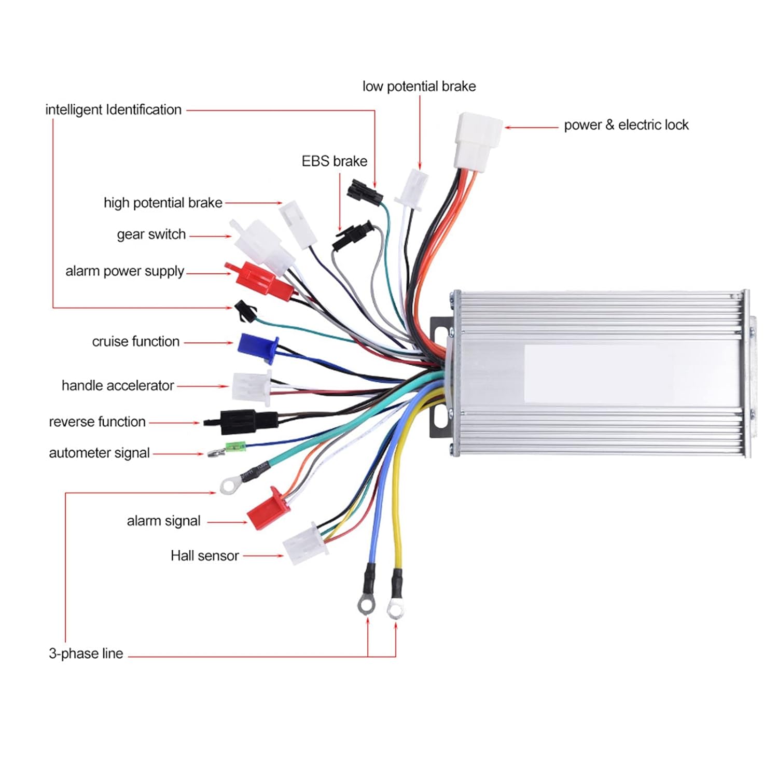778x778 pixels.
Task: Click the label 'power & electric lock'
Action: tap(626, 125)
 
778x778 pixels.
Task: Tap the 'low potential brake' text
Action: tap(419, 86)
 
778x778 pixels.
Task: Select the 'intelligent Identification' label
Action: tap(113, 110)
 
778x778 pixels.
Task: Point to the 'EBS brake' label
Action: tap(335, 161)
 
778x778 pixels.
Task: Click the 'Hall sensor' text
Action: tap(204, 556)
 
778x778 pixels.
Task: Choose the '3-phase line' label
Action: tap(86, 654)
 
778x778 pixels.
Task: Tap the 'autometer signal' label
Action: tap(99, 453)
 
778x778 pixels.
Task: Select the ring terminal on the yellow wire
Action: tap(395, 610)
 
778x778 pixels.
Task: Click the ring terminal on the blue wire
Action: tap(366, 605)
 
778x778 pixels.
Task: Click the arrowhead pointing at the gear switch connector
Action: tap(229, 237)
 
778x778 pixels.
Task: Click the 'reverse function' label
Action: tap(97, 422)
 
